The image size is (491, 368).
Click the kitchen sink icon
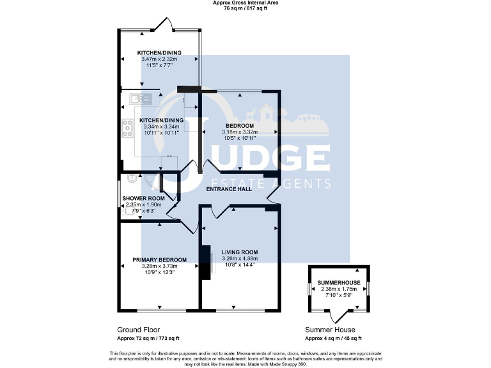coord(139,98)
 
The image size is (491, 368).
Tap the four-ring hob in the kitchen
coord(124,130)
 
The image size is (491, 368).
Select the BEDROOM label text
coord(240,125)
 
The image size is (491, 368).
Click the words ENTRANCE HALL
coord(228,189)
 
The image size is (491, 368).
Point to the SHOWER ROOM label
coord(144,199)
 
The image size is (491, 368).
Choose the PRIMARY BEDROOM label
coord(159,259)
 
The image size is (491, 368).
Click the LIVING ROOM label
coord(239,252)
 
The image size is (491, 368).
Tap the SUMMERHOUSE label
coord(339,282)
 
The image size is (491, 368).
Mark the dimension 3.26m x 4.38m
coord(239,259)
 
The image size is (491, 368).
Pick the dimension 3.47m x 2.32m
coord(159,59)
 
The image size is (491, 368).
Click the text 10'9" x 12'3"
coord(159,272)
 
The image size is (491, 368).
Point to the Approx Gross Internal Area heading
coord(245,3)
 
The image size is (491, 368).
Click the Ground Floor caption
coord(134,330)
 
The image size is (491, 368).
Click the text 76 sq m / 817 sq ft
coord(245,9)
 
